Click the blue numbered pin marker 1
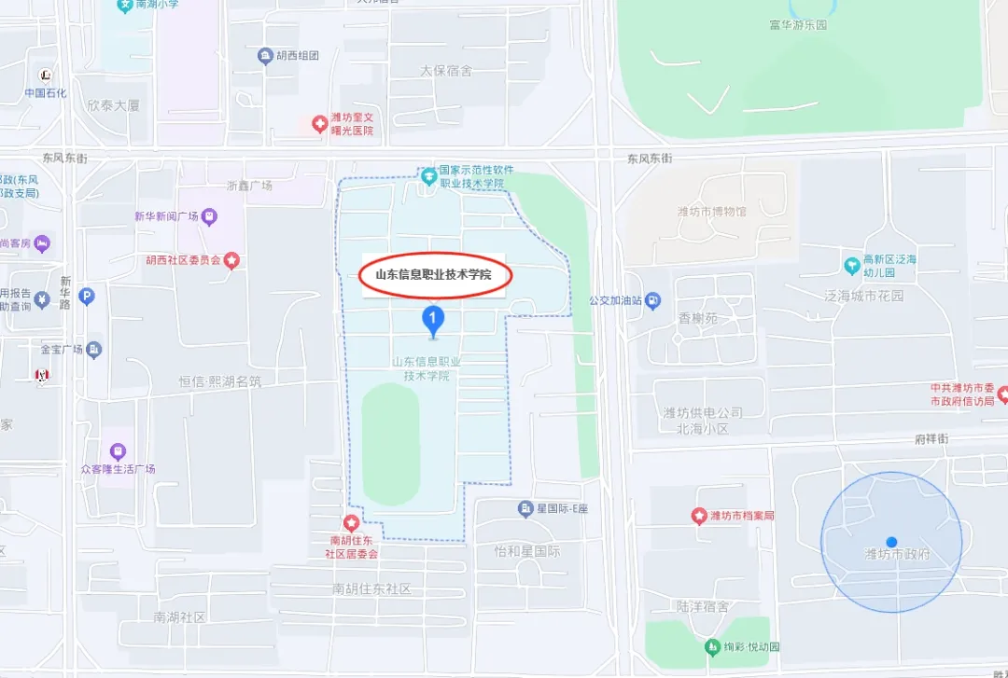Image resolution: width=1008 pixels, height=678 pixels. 432,320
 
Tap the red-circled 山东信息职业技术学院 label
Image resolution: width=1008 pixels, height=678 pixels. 432,275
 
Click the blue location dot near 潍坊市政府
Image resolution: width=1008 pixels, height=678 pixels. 891,542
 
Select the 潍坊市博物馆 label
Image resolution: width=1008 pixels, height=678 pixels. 712,212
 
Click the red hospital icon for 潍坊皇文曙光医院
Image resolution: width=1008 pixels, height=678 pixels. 319,124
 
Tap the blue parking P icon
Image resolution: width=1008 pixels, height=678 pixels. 87,297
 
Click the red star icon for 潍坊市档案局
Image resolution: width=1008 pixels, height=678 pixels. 698,516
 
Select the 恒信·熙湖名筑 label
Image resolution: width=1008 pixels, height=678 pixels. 220,382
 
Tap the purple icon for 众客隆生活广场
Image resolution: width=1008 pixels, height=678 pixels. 118,452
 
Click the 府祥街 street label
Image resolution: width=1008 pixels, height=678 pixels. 931,438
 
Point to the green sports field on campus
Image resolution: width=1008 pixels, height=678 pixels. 403,444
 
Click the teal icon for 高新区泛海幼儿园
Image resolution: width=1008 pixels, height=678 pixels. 851,266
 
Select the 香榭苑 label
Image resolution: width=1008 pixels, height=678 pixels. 698,318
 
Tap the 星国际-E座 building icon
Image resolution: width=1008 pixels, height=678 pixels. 525,508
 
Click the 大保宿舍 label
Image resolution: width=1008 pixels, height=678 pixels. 446,71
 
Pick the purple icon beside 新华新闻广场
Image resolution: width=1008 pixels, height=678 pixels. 210,217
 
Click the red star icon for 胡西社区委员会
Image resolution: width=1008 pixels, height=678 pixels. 231,260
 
